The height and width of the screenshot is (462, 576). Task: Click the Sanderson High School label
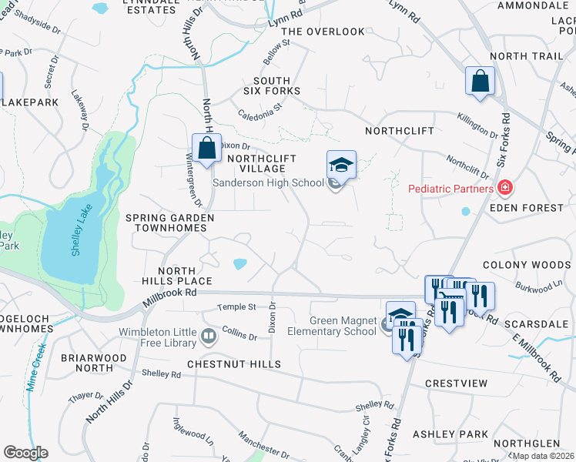[x=267, y=183]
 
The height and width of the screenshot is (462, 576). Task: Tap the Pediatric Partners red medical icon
[x=505, y=187]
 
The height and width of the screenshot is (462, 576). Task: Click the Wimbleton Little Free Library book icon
[x=208, y=336]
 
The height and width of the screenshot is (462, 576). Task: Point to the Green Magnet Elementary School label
[x=343, y=326]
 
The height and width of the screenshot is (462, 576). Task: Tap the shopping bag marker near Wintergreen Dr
[x=206, y=149]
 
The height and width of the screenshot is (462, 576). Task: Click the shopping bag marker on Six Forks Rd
[x=480, y=82]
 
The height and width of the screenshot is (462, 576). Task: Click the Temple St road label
[x=236, y=306]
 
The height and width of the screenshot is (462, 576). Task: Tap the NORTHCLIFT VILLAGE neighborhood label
[x=257, y=163]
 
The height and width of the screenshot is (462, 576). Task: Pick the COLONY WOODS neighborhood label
[x=527, y=265]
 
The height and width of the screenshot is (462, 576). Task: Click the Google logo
[x=25, y=452]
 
